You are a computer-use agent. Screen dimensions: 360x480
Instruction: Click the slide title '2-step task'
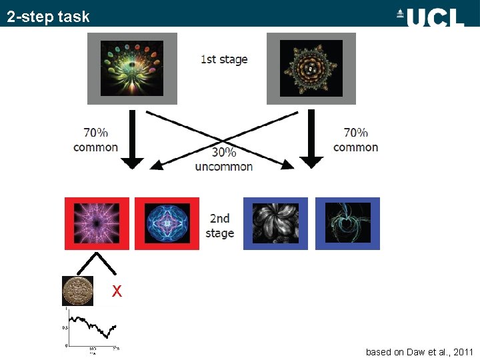click(x=48, y=17)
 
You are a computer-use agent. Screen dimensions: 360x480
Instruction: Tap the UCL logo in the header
click(x=430, y=17)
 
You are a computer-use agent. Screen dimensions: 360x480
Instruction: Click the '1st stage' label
click(x=224, y=59)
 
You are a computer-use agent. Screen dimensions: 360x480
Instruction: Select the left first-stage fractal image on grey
click(x=132, y=69)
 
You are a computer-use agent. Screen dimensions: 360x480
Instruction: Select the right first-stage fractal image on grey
click(x=311, y=69)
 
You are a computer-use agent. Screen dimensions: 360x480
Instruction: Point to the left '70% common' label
click(x=95, y=140)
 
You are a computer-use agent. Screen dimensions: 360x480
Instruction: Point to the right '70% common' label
click(x=355, y=140)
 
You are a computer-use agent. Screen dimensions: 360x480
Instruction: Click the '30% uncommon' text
click(x=224, y=159)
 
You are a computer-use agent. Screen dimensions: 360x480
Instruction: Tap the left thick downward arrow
click(x=134, y=140)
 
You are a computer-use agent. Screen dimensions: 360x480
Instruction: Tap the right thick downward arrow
click(x=311, y=140)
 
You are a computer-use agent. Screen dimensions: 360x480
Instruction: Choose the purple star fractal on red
click(x=96, y=223)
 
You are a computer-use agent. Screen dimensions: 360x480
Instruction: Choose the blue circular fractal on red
click(x=167, y=223)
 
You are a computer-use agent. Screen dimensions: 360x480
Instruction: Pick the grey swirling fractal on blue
click(x=275, y=223)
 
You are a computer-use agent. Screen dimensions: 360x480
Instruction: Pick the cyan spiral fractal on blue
click(x=347, y=223)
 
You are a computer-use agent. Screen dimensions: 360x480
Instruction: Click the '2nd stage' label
click(x=220, y=225)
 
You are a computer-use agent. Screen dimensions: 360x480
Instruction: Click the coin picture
click(x=77, y=291)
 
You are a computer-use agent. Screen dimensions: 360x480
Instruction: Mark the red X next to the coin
click(x=117, y=291)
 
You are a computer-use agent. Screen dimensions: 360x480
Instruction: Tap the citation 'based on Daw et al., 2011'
click(x=419, y=351)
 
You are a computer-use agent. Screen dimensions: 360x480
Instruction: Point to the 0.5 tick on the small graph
click(x=65, y=327)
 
